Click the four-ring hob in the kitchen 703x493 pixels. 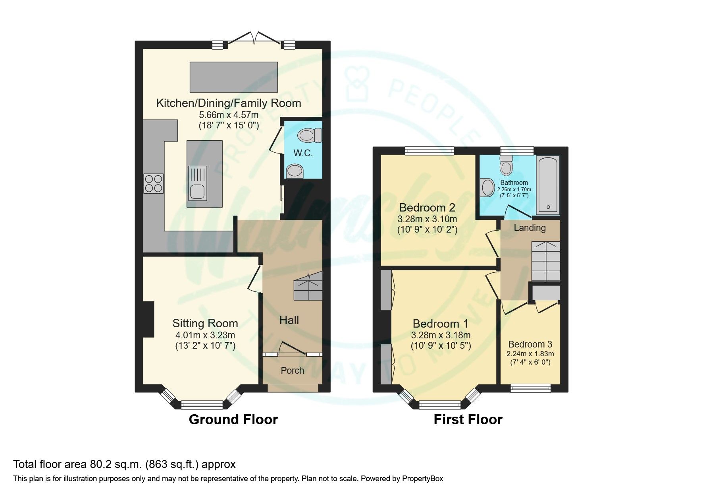[154, 184]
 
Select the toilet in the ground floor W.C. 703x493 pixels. [310, 135]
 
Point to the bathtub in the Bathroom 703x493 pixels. [548, 184]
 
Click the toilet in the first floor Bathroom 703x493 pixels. [506, 165]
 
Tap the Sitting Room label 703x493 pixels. [205, 323]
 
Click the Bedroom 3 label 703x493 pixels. [530, 344]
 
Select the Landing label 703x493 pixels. [530, 228]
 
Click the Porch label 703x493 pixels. [292, 371]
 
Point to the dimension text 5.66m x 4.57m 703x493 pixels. [228, 115]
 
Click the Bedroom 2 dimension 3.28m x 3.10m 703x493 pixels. [427, 219]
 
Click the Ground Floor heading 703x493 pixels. [233, 419]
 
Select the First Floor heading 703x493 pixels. [468, 419]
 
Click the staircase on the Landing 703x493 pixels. [545, 261]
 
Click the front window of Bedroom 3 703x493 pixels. [530, 388]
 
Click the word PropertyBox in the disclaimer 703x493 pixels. [422, 479]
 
